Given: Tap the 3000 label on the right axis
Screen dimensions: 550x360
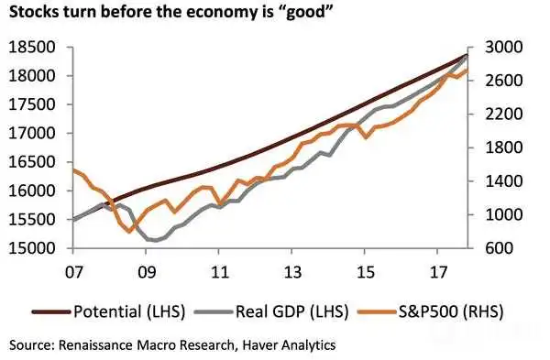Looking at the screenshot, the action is click(x=503, y=48).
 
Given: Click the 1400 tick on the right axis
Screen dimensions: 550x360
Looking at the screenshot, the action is click(x=503, y=181).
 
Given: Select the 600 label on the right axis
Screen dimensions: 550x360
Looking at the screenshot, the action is click(x=499, y=248).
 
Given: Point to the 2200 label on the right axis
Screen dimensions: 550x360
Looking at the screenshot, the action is click(x=503, y=115).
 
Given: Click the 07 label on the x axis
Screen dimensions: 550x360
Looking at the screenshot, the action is click(x=74, y=272).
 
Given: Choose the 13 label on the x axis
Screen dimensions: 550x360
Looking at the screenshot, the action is click(x=292, y=272).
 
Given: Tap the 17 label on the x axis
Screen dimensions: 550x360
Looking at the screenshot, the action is click(x=438, y=272).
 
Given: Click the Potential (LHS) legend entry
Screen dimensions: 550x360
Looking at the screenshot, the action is click(x=108, y=311).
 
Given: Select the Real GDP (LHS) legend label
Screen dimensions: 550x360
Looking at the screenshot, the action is click(x=291, y=311).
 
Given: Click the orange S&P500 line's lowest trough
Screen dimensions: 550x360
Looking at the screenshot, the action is click(x=130, y=232).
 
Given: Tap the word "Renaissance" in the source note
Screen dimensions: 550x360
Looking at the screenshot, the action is click(x=96, y=345).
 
